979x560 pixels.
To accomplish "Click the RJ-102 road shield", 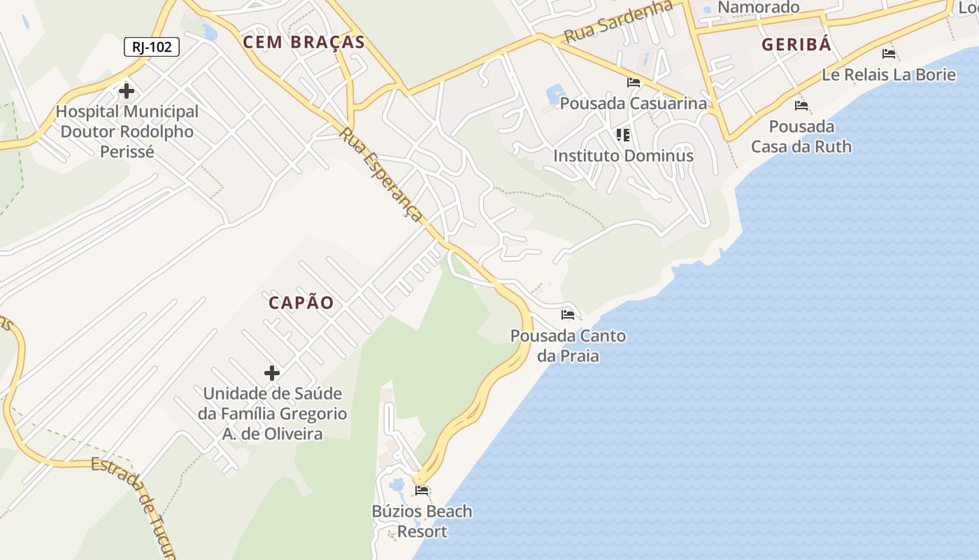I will tap(152, 47).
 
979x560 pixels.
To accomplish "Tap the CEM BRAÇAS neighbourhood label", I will tap(303, 42).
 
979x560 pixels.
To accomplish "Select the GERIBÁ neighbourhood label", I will tap(796, 45).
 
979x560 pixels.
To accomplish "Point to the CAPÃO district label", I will tap(301, 303).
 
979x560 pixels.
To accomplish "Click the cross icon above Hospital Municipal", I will tap(127, 91).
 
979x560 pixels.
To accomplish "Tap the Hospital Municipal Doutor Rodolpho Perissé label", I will tap(127, 131).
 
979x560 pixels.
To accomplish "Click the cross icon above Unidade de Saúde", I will tap(272, 373).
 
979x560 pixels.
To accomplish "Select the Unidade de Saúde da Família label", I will tap(272, 414).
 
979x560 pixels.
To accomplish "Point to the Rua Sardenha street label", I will tap(618, 21).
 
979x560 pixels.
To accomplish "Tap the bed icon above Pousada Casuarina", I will tap(634, 83).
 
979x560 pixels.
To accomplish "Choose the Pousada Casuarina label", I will tap(634, 104).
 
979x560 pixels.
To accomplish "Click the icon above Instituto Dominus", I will tap(623, 134).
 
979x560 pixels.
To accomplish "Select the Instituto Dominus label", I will tap(623, 155).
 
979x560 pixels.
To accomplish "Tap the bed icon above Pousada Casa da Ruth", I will tap(801, 106).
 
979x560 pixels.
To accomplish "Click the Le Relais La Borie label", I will tap(888, 74).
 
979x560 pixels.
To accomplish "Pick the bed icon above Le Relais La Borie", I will tap(889, 53).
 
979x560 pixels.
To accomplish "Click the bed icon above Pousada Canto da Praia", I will tap(568, 315).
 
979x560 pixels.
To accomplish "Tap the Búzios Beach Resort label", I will tap(422, 521).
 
